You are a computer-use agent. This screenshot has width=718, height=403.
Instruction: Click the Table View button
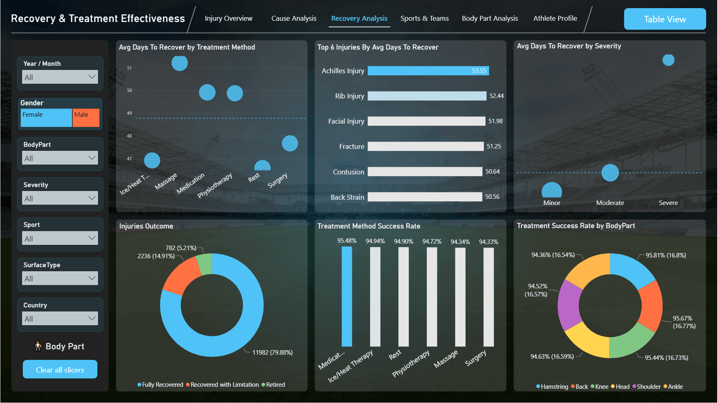pos(665,19)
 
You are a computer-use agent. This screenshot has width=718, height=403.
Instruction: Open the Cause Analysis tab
pos(294,18)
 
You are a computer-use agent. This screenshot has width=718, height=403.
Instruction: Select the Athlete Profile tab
pos(555,18)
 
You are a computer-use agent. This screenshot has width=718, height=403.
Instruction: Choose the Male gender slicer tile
pos(86,118)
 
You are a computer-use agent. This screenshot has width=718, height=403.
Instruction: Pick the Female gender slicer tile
pos(46,118)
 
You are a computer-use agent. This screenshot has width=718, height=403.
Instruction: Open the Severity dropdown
pos(60,198)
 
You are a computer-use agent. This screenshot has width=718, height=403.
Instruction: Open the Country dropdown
pos(60,318)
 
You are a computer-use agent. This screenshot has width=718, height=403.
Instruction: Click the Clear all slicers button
pos(60,369)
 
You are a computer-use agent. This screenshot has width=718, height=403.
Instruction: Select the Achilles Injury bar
pos(428,71)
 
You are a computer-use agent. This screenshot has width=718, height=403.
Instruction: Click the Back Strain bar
pos(425,197)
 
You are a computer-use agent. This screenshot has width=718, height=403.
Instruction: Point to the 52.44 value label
pos(496,96)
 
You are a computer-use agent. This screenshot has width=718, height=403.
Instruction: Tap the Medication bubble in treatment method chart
pos(207,93)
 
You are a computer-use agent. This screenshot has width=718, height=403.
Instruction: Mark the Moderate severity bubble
pos(610,173)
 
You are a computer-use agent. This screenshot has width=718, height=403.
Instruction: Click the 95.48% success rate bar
pos(347,296)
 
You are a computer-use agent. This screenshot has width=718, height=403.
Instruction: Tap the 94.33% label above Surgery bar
pos(488,242)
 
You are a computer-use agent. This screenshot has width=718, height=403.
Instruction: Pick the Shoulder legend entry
pos(646,387)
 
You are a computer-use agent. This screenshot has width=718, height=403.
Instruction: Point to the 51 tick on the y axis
pos(130,68)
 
